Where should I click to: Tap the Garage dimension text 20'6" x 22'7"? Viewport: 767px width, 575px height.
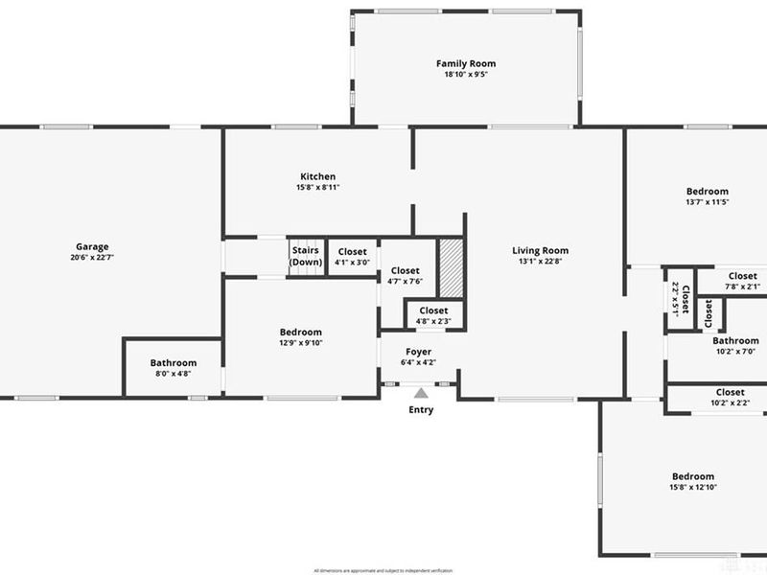[93, 257]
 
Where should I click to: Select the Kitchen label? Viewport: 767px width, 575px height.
[318, 176]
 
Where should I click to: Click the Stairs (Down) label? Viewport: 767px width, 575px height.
[306, 256]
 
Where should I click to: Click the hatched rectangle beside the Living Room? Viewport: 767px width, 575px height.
[451, 267]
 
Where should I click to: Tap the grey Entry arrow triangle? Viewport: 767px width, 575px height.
[420, 392]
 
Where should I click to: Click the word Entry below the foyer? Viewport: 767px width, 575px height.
[421, 410]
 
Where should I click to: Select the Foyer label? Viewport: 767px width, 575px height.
[418, 352]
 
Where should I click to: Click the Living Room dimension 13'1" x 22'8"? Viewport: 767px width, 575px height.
[541, 262]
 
